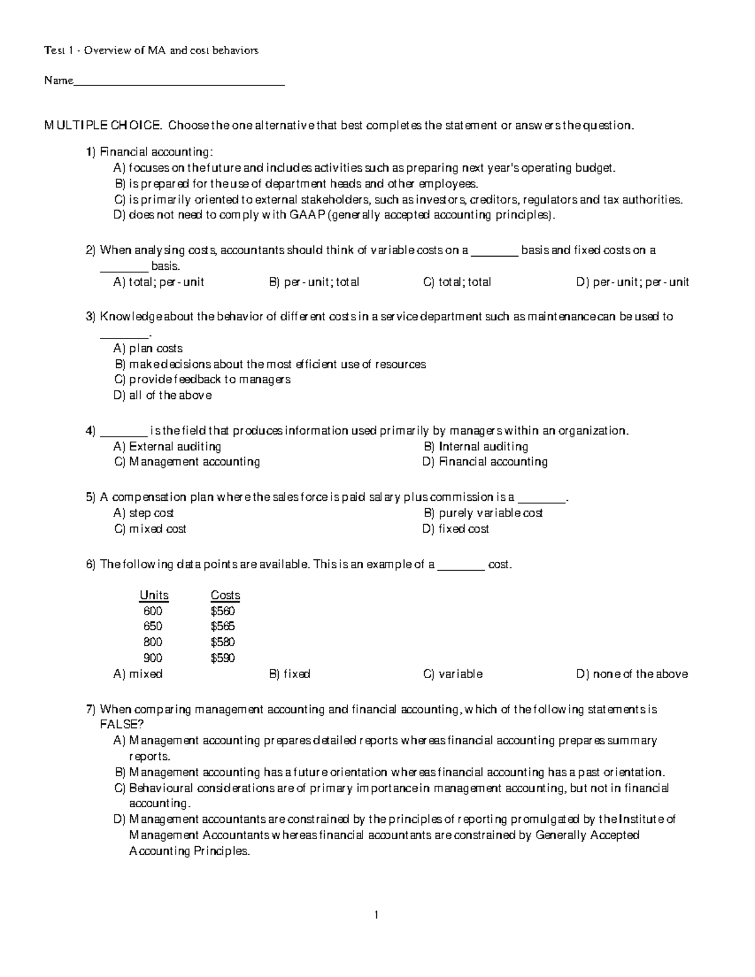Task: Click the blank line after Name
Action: [179, 82]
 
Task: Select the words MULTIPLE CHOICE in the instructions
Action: [103, 125]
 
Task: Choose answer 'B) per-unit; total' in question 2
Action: [314, 282]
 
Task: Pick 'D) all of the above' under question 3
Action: [162, 396]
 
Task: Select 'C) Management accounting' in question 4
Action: [187, 462]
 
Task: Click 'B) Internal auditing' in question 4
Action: [476, 447]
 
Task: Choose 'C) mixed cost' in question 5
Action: [150, 529]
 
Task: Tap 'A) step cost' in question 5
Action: [143, 513]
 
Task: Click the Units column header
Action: [154, 595]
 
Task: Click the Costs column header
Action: [225, 595]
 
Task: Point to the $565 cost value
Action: [223, 627]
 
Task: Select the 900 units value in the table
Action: [153, 658]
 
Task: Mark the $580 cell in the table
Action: [223, 642]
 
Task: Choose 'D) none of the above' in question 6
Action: [632, 674]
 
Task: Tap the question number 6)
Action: [91, 565]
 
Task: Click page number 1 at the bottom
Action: [376, 915]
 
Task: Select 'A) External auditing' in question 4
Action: [167, 447]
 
